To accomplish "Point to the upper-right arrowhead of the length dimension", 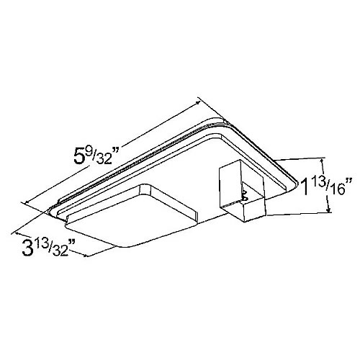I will tap(202, 101).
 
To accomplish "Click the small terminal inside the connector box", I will tap(245, 192).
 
